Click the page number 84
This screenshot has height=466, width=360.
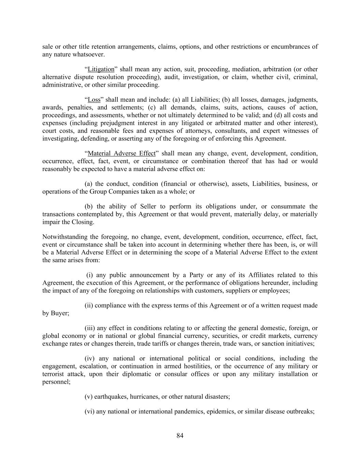pos(180,436)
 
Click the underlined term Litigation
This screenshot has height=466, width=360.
pos(101,69)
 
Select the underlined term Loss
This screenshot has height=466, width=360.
pos(94,100)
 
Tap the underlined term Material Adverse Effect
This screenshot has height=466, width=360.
pos(121,153)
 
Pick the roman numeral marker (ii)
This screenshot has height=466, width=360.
pos(89,306)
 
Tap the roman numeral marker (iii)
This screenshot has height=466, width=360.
pos(90,328)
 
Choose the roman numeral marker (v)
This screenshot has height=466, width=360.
pos(88,397)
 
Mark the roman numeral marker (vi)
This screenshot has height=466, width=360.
pos(89,411)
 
